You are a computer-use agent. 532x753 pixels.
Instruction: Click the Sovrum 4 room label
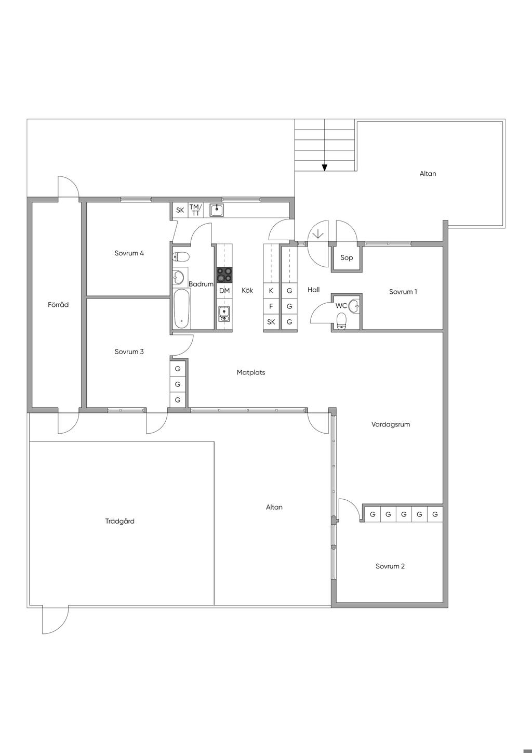point(129,253)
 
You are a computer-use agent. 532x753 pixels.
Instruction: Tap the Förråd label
point(58,305)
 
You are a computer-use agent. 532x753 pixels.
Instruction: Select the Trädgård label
point(119,521)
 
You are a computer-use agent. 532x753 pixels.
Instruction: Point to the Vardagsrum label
point(391,424)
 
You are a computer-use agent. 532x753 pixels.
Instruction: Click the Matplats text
point(251,372)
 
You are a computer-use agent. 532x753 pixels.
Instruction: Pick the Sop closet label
point(347,257)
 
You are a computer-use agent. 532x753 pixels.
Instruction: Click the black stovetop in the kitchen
point(224,275)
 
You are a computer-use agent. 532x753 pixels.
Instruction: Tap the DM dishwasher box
point(224,291)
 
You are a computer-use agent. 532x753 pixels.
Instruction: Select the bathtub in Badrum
point(182,308)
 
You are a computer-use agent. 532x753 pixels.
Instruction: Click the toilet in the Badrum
point(181,257)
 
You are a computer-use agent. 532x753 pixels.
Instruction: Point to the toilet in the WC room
point(341,321)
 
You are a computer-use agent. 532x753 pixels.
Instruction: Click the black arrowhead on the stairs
point(324,167)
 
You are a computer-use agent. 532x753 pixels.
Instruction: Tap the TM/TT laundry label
point(195,210)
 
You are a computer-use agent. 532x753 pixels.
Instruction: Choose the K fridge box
point(271,291)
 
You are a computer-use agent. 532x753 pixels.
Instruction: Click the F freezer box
point(271,306)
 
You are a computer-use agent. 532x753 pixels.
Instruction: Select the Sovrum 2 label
point(390,566)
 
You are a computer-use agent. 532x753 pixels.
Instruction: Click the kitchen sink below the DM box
point(224,314)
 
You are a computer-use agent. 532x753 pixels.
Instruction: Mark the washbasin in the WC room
point(354,306)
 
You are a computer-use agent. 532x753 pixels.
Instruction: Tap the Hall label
point(313,290)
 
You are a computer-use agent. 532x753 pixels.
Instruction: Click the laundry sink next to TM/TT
point(217,210)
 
